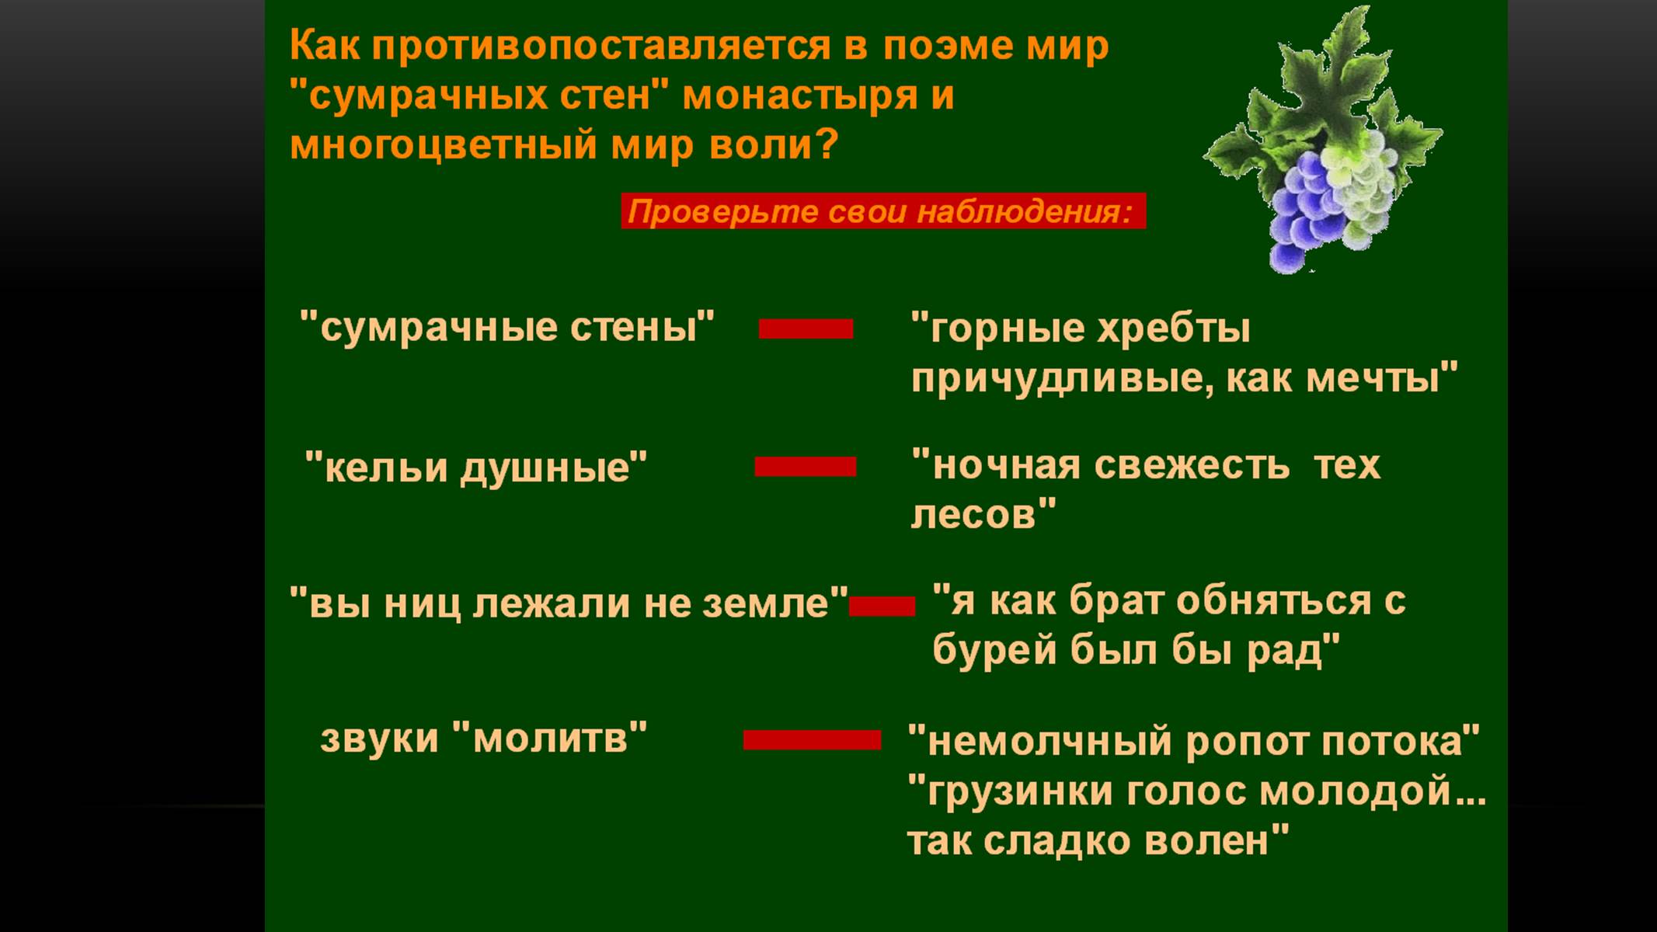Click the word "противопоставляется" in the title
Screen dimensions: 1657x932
pyautogui.click(x=600, y=47)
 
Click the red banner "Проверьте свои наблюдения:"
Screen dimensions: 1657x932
pyautogui.click(x=883, y=211)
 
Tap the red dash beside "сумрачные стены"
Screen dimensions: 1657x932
pyautogui.click(x=806, y=329)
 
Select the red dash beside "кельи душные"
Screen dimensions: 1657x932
pyautogui.click(x=806, y=466)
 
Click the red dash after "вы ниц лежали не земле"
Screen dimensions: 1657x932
pyautogui.click(x=882, y=606)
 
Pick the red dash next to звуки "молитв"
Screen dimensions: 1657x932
pyautogui.click(x=812, y=739)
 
